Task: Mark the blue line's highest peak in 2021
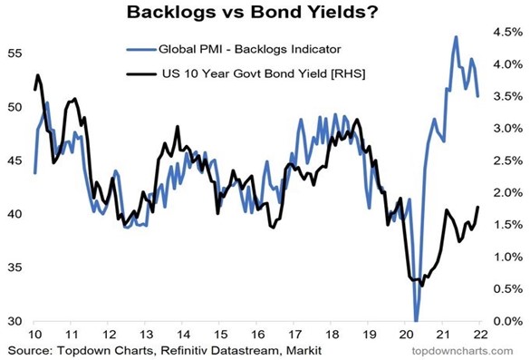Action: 456,37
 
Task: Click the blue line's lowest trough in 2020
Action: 416,319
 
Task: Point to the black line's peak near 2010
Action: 38,75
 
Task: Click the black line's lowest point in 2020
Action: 422,285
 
